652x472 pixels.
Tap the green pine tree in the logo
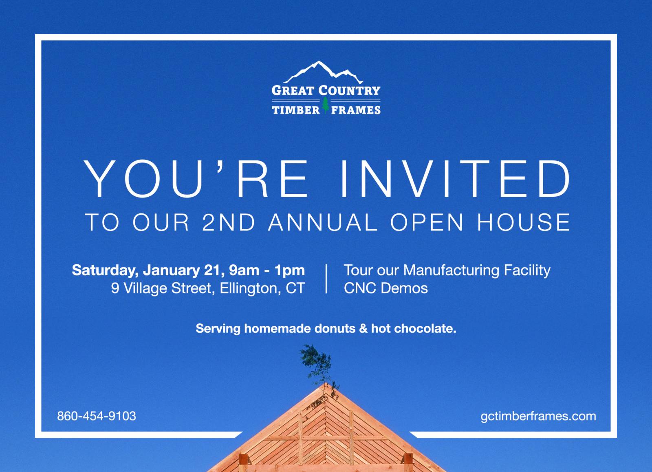point(326,105)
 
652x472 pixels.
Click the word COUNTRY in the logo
point(349,90)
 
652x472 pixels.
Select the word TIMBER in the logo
point(296,110)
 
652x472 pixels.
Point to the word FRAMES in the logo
point(356,110)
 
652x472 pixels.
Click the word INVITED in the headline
point(455,179)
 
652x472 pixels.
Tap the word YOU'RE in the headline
point(196,179)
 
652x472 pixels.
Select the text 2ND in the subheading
point(229,222)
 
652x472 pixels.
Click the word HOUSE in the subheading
point(523,222)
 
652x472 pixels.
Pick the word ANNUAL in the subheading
point(323,222)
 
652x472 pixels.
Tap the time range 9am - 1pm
point(267,270)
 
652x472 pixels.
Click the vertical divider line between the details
point(326,279)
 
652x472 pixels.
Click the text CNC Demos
point(386,288)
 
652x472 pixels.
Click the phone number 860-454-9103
point(97,416)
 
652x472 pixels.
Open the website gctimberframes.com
point(538,416)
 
